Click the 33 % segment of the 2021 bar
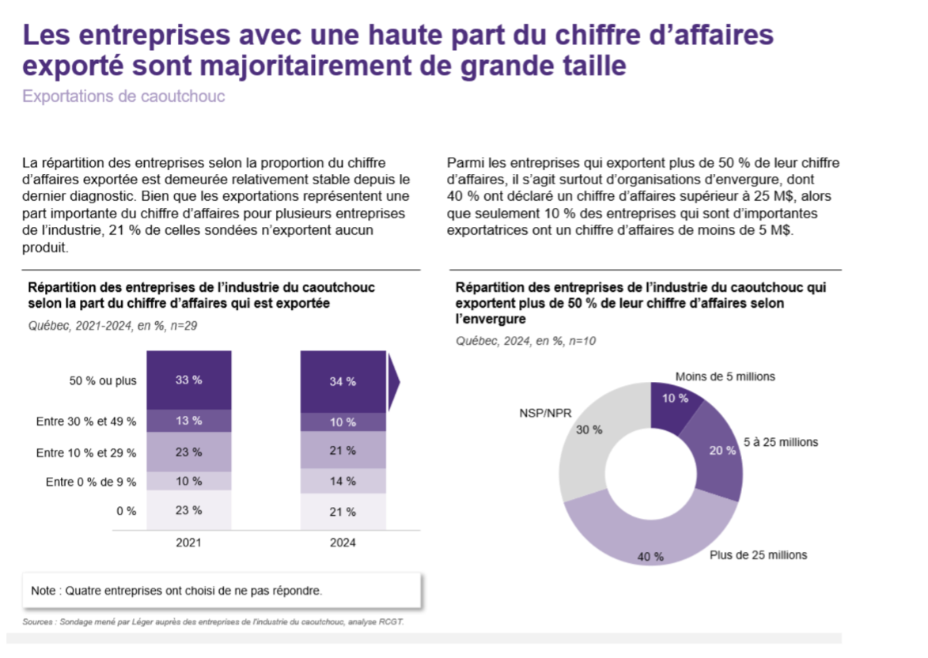(188, 380)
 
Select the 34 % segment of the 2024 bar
(343, 382)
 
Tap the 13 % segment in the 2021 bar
(188, 421)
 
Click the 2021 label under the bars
(188, 543)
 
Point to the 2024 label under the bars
(343, 543)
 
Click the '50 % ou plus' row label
(103, 380)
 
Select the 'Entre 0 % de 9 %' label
(91, 482)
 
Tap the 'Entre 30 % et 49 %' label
(86, 422)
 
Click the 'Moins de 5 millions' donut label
(725, 376)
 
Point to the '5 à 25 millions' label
(781, 442)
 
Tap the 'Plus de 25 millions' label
(758, 555)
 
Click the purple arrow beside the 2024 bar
(393, 382)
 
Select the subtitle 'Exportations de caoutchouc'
(124, 96)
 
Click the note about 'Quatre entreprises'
(176, 590)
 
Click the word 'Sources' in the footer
(37, 622)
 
